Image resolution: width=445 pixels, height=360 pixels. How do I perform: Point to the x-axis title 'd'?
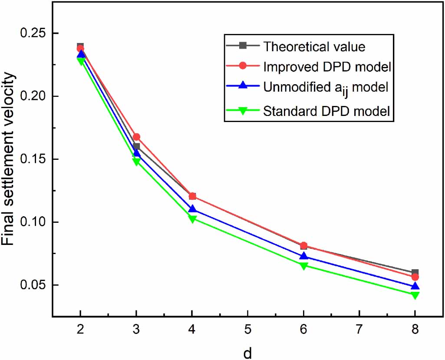point(247,353)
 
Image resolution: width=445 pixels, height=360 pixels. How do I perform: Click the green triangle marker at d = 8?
point(415,295)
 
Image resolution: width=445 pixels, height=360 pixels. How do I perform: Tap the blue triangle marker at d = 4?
point(192,209)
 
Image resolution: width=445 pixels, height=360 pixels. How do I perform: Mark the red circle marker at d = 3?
point(136,137)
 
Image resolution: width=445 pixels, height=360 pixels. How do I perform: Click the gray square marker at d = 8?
point(415,273)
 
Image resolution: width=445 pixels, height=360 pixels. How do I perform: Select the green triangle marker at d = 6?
point(303,266)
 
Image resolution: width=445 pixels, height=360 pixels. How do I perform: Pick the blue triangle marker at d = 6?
point(303,256)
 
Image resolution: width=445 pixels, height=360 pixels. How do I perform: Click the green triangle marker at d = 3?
point(136,162)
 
